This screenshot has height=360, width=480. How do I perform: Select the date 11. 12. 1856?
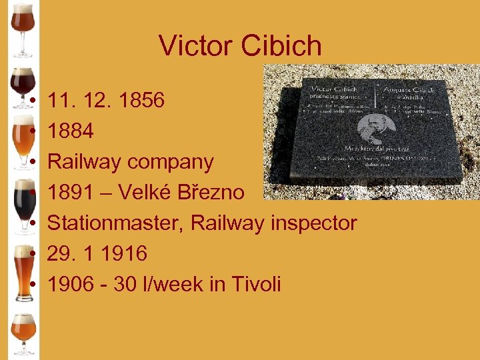pyautogui.click(x=106, y=101)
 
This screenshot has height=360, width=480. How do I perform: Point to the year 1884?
pyautogui.click(x=71, y=131)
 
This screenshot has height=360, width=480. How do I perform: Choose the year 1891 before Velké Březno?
pyautogui.click(x=71, y=193)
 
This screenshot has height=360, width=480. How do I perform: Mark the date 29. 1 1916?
pyautogui.click(x=97, y=254)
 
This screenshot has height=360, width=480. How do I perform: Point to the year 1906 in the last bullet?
pyautogui.click(x=71, y=285)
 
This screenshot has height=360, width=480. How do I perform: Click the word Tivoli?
pyautogui.click(x=256, y=285)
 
